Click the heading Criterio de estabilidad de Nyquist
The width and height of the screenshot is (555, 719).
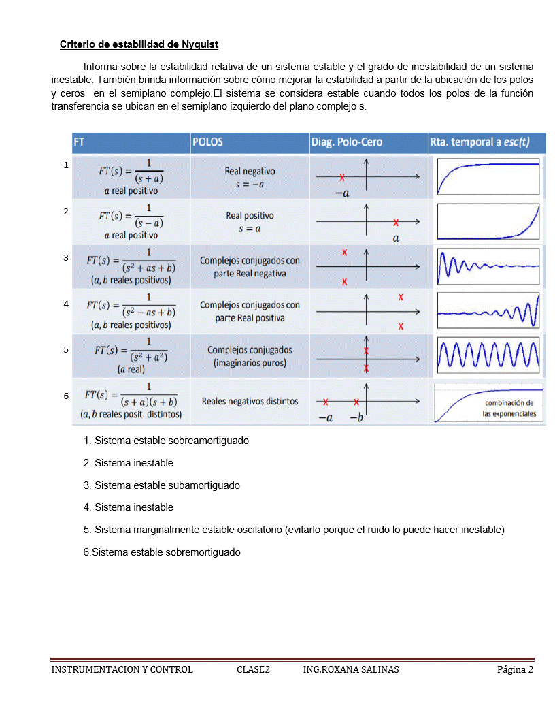pyautogui.click(x=139, y=44)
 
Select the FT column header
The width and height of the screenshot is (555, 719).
pyautogui.click(x=80, y=142)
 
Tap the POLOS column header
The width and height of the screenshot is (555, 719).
pyautogui.click(x=208, y=142)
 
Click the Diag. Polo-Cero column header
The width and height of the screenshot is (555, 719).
pyautogui.click(x=347, y=142)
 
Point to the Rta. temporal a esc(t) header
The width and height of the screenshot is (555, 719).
pyautogui.click(x=479, y=142)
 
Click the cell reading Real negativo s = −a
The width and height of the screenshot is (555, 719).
pyautogui.click(x=250, y=178)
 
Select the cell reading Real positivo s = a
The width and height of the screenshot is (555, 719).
pyautogui.click(x=250, y=222)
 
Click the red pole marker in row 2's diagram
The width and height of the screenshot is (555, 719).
pyautogui.click(x=396, y=222)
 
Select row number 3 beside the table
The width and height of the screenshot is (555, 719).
pyautogui.click(x=66, y=258)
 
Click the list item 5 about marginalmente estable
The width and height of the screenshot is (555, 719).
pyautogui.click(x=294, y=530)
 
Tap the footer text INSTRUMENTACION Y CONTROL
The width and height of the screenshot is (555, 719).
pyautogui.click(x=122, y=669)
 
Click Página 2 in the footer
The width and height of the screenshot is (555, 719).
pyautogui.click(x=515, y=669)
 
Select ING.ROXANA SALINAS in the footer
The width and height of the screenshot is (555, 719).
pyautogui.click(x=351, y=669)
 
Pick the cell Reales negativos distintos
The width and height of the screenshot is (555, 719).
pyautogui.click(x=250, y=401)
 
